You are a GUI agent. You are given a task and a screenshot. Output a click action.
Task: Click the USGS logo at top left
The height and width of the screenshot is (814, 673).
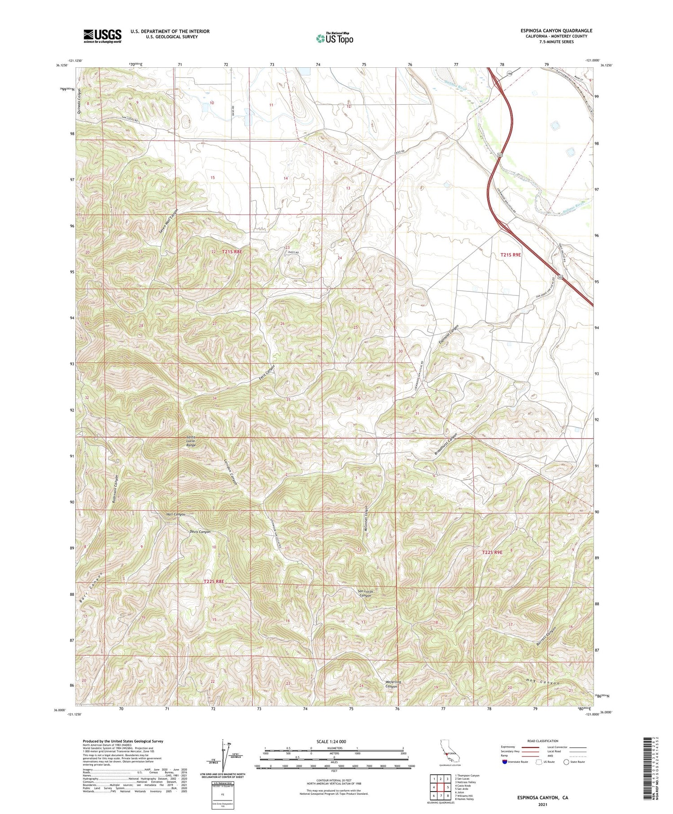click(102, 36)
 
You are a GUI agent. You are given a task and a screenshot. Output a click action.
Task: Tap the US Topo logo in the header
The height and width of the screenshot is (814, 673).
click(334, 38)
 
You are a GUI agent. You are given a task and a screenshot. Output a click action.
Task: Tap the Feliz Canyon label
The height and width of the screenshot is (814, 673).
click(267, 374)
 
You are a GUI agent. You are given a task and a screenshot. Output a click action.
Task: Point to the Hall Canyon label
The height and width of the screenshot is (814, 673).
click(175, 515)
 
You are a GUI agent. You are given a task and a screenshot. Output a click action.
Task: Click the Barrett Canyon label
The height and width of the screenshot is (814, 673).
click(546, 637)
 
